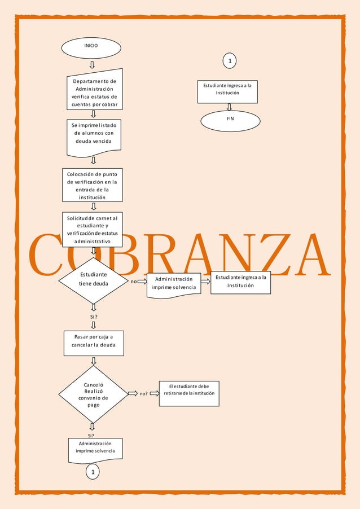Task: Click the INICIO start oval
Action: (91, 48)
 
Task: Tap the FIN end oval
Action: (230, 120)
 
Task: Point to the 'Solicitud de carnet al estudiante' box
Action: (93, 229)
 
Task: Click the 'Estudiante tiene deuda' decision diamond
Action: (94, 280)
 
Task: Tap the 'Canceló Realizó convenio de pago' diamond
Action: (93, 393)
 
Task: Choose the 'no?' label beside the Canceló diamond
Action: (143, 394)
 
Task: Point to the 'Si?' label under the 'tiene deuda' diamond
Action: (94, 317)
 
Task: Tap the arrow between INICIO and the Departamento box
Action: (92, 64)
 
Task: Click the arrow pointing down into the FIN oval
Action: (229, 107)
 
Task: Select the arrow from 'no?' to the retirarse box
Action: (154, 393)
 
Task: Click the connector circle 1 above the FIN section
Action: (230, 60)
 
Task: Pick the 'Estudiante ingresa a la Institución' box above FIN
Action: (227, 91)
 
